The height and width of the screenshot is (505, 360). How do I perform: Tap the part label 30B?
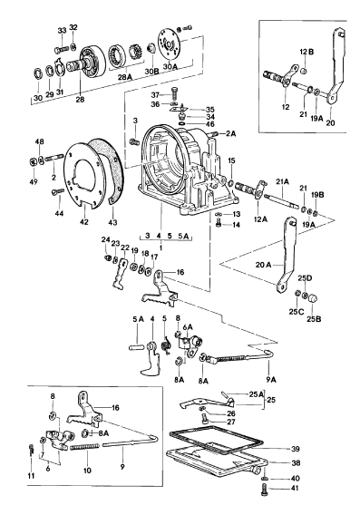151,72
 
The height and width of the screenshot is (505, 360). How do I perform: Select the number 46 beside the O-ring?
210,124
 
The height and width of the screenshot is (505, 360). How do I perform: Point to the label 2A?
231,133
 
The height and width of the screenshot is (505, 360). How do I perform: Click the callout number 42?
84,221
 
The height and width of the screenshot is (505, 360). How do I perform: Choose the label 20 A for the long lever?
264,265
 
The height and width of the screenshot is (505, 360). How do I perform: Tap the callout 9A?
271,380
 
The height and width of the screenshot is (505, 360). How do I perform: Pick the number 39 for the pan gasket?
295,449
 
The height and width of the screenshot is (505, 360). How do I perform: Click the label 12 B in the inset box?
306,52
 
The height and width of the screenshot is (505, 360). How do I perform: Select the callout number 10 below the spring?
87,471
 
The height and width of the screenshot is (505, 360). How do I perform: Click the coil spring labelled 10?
84,447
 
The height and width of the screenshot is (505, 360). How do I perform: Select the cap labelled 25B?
313,297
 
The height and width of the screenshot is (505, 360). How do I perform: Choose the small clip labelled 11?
31,450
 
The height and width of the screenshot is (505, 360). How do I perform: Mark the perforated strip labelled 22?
120,272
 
